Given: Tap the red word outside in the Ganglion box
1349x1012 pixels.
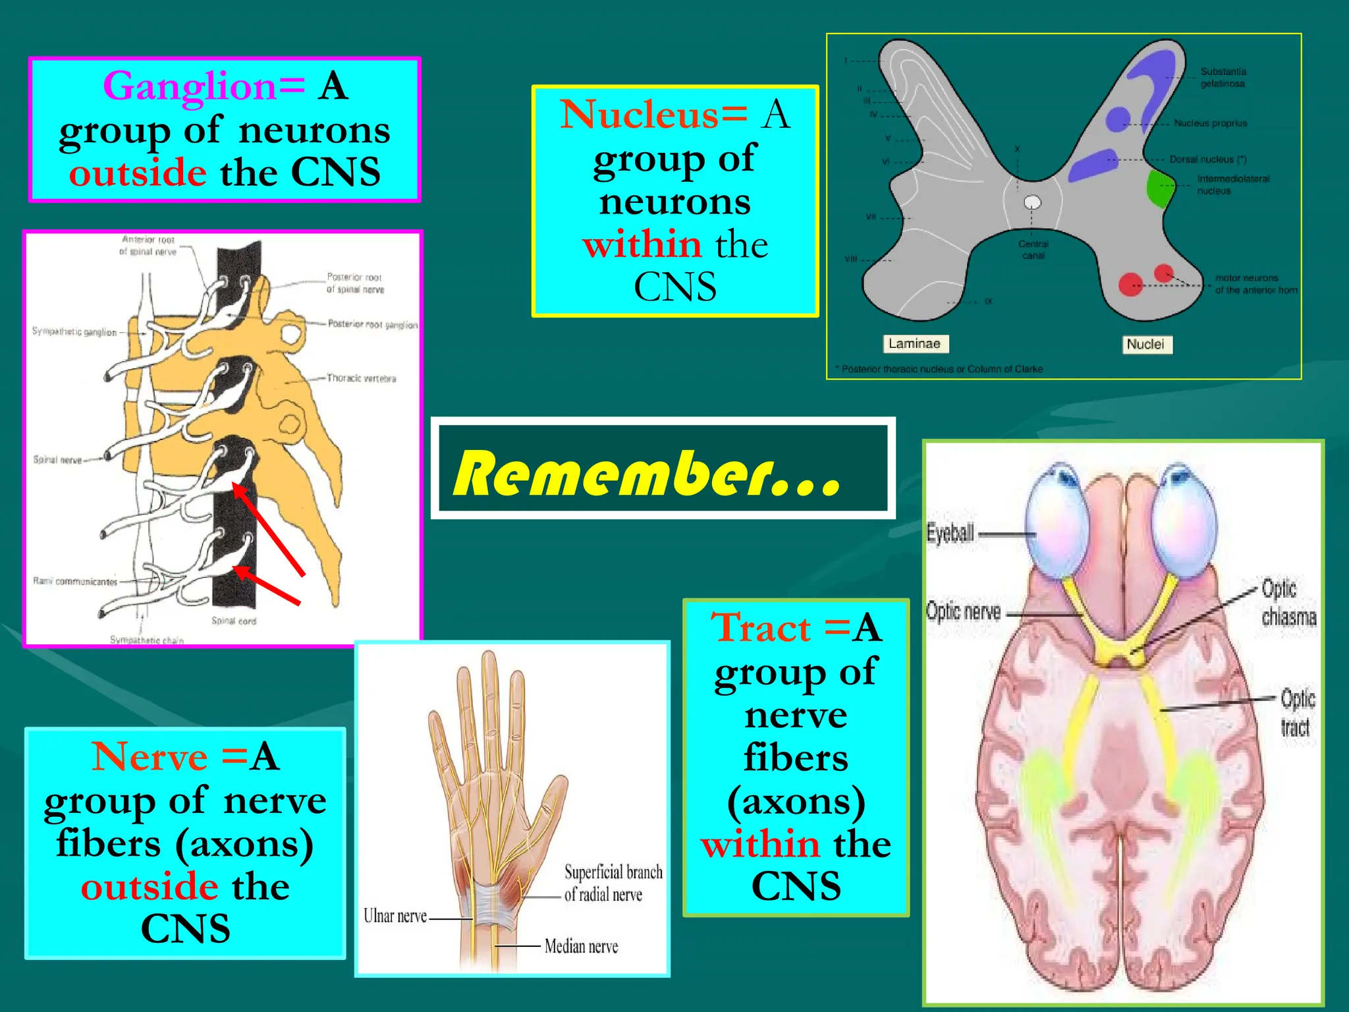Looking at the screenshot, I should click(138, 173).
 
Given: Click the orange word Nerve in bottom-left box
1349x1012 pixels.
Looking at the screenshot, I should click(150, 756).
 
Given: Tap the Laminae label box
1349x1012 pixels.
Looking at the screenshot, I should click(914, 343).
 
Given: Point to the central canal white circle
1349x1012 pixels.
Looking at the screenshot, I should click(1032, 202).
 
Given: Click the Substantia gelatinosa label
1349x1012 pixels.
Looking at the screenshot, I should click(1223, 77).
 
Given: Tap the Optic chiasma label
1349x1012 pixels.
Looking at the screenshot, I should click(1288, 603).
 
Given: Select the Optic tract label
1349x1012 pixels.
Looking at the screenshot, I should click(1297, 713).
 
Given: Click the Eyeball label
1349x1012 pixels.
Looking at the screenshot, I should click(950, 532).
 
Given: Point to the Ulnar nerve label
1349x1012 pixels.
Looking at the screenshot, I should click(395, 916).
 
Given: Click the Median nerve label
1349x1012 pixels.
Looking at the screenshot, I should click(581, 947).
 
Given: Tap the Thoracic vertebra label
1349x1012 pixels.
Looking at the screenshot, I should click(362, 378).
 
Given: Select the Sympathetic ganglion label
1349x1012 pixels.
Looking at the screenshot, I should click(74, 331).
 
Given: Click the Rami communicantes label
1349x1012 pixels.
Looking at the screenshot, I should click(75, 581).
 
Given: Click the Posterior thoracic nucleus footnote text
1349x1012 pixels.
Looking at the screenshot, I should click(942, 369).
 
